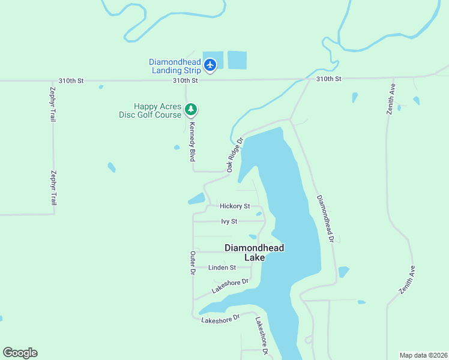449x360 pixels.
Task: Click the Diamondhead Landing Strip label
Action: click(175, 66)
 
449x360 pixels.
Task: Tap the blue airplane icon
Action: click(210, 64)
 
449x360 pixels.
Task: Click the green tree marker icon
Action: click(191, 109)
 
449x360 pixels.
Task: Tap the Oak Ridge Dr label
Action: click(235, 155)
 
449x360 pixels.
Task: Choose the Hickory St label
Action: click(235, 206)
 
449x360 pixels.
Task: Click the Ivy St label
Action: click(229, 221)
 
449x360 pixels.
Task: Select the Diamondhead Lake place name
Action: click(254, 252)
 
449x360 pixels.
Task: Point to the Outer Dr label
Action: click(193, 263)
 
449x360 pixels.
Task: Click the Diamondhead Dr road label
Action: click(325, 218)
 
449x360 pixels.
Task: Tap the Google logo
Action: click(20, 353)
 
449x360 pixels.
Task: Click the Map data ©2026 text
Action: click(423, 355)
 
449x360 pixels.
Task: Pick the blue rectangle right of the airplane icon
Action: click(237, 60)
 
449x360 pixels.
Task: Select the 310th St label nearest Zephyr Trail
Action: click(71, 80)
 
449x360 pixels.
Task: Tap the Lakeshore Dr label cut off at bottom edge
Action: click(261, 336)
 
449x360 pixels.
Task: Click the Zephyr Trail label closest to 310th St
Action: click(52, 104)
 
